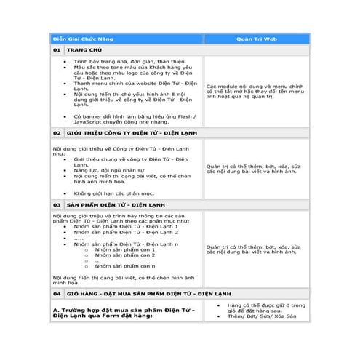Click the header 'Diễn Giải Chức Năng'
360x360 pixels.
click(x=81, y=37)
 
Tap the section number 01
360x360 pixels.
click(x=57, y=49)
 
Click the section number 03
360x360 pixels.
click(x=57, y=206)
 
